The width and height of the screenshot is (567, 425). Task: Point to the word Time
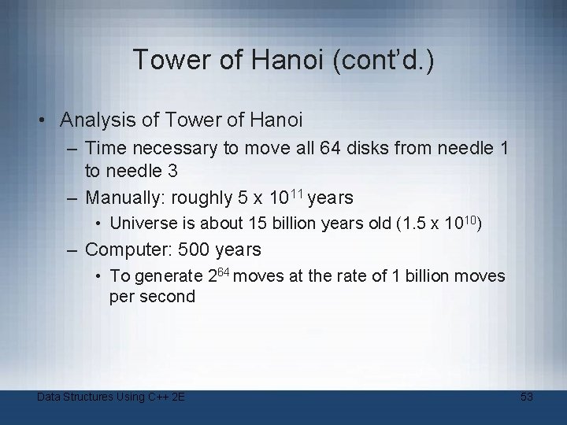click(106, 147)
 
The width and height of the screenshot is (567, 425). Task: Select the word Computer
click(124, 249)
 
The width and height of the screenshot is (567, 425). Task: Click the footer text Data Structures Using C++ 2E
click(111, 397)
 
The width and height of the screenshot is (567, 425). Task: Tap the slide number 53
click(527, 397)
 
